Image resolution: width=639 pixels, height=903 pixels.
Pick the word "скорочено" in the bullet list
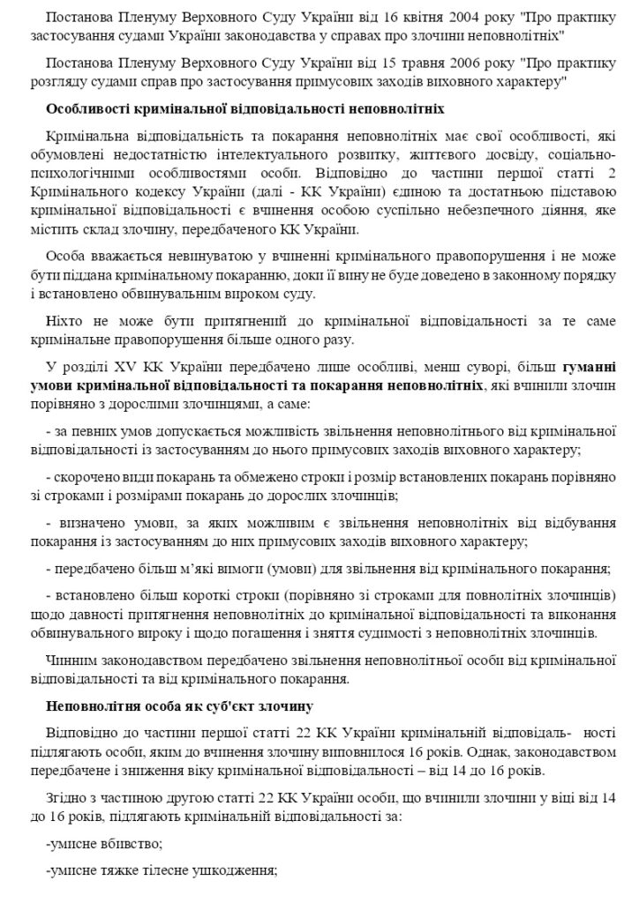tap(86, 477)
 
